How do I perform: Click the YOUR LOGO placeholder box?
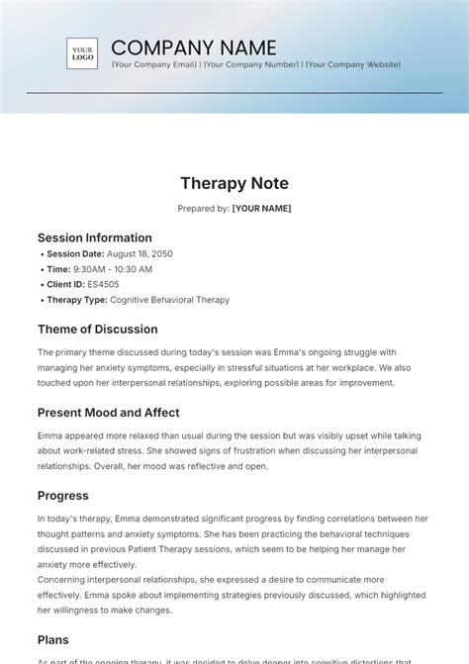coord(82,52)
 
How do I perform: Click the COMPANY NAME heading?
coord(193,47)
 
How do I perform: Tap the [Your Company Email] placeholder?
coord(153,64)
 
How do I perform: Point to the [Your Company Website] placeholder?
coord(352,64)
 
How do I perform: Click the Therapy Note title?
coord(234,183)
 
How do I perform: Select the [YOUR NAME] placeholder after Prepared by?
coord(261,209)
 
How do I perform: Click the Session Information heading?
coord(95,237)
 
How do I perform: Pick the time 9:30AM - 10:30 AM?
coord(114,269)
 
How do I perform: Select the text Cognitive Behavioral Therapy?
coord(169,300)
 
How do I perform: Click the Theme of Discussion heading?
coord(97,330)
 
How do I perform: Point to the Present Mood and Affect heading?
coord(109,413)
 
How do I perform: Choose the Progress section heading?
coord(63,496)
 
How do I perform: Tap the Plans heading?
coord(53,640)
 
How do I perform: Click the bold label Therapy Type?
coord(77,300)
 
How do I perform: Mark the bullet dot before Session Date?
coord(42,254)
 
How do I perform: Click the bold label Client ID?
coord(66,284)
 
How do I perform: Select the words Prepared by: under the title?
coord(203,209)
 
